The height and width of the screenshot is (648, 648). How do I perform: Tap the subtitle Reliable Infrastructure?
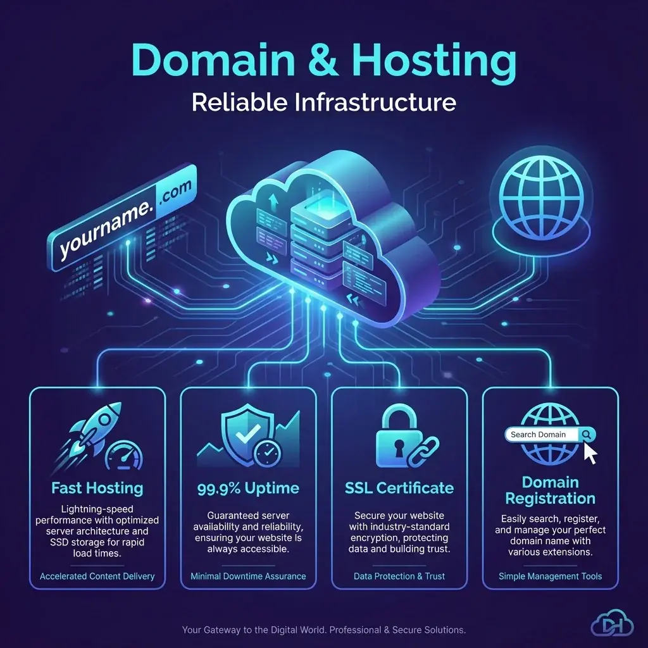[324, 102]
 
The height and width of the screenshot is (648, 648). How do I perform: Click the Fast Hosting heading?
[97, 488]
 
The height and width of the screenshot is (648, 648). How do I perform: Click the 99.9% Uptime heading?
[248, 488]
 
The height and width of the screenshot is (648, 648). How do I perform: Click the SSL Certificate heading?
[399, 488]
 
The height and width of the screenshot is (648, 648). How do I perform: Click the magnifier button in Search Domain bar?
[587, 435]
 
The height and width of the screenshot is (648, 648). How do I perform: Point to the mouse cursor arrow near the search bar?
[590, 453]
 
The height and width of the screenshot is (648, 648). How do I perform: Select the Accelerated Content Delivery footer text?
[97, 576]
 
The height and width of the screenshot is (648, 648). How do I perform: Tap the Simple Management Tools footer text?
[550, 576]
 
